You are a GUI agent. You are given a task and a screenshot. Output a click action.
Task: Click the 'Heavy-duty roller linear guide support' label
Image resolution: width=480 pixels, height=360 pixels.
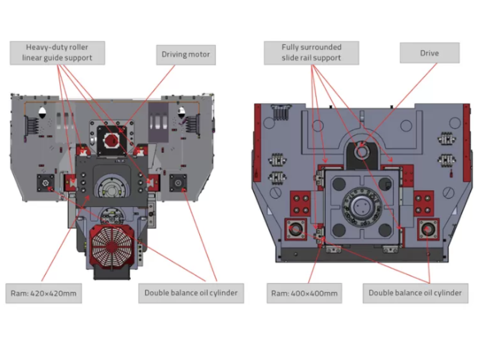57,53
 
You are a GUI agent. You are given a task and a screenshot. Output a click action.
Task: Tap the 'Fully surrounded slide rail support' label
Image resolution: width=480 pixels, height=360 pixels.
311,52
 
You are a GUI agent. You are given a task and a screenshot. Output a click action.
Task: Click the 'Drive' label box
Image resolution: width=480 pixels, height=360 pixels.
429,53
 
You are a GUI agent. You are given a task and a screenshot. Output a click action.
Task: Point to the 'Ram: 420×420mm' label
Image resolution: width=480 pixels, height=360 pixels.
43,293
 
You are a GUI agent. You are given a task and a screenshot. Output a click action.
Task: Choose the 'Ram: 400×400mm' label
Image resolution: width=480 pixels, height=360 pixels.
304,293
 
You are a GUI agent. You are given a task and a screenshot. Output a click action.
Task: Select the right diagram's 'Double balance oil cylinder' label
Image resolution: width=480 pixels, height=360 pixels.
415,293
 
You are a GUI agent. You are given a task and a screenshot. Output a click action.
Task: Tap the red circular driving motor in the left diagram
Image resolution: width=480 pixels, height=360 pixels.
112,140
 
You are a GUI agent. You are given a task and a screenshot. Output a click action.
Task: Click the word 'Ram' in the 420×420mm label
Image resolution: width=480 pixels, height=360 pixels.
18,293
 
